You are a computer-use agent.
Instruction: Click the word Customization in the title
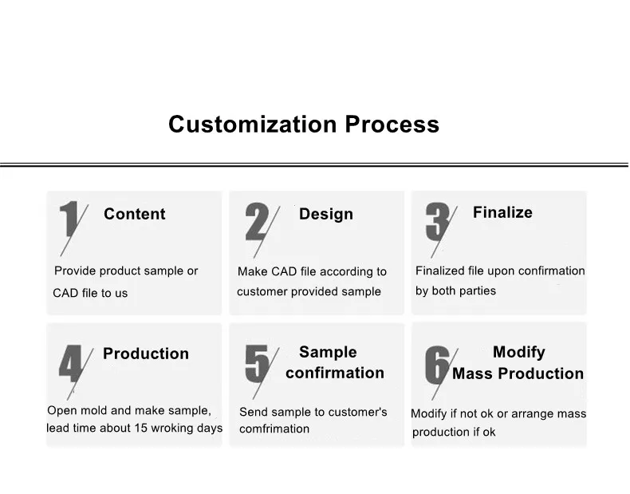click(x=252, y=124)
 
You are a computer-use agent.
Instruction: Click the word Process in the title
click(x=392, y=124)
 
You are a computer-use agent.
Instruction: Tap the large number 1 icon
click(x=69, y=219)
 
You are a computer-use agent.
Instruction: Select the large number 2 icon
click(x=257, y=221)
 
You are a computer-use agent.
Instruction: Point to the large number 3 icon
click(x=437, y=221)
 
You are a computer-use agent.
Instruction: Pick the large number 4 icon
click(x=71, y=363)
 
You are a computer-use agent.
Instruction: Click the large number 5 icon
click(x=257, y=363)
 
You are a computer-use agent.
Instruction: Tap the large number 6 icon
click(x=437, y=365)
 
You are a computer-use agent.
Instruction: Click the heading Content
click(x=135, y=214)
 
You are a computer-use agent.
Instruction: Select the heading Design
click(x=326, y=214)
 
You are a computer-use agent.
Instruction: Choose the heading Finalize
click(x=502, y=212)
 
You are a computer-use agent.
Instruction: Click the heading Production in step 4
click(x=146, y=354)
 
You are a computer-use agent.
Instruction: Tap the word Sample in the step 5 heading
click(x=328, y=353)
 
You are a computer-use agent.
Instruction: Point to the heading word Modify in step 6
click(x=519, y=353)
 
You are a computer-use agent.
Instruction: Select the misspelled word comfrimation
click(x=274, y=429)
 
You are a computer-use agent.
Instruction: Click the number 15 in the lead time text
click(x=141, y=428)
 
